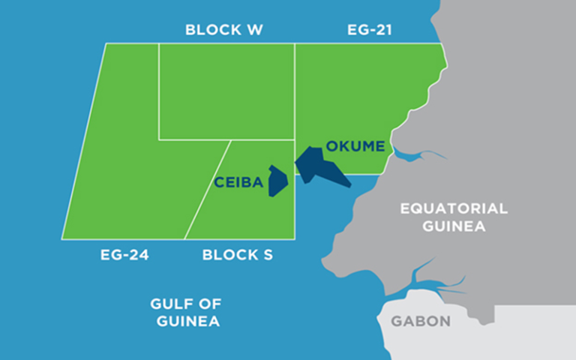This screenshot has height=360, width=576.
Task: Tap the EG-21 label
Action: [x=370, y=30]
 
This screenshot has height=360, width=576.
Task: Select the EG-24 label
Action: [x=124, y=255]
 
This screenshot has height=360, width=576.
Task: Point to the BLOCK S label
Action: [x=237, y=255]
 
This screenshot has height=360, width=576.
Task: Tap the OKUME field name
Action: [x=355, y=145]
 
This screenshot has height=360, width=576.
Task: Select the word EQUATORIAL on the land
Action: [x=454, y=208]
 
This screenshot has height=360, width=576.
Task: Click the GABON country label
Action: [x=421, y=322]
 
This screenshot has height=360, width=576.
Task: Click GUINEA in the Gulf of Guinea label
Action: [x=188, y=322]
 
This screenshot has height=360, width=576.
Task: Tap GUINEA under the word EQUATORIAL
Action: [x=454, y=226]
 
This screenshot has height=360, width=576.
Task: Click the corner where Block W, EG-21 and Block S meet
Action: [x=295, y=139]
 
